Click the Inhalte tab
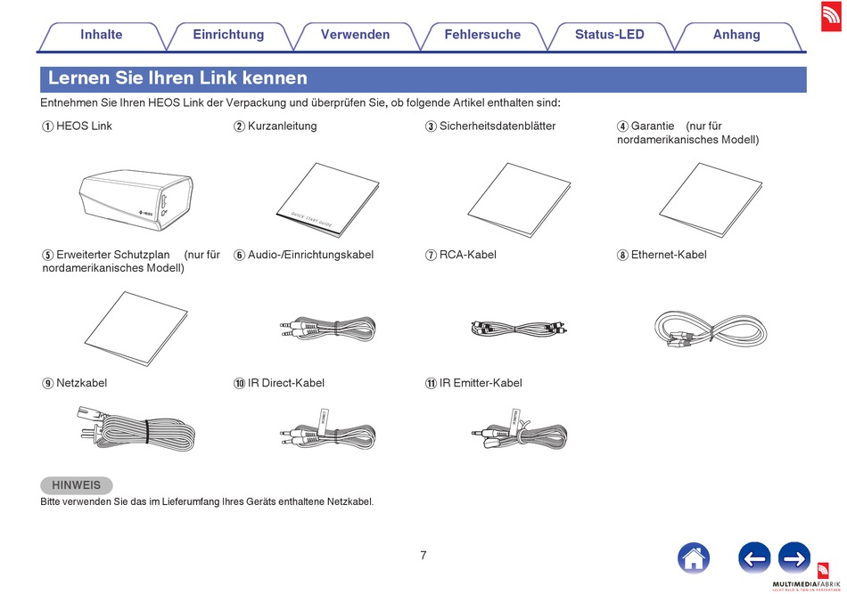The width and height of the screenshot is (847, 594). [x=101, y=35]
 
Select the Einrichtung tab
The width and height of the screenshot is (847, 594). [x=228, y=35]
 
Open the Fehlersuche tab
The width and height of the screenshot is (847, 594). [x=482, y=35]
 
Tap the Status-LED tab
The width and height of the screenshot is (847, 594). [x=609, y=35]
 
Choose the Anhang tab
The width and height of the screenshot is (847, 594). [x=736, y=35]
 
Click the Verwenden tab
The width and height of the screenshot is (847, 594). [x=355, y=35]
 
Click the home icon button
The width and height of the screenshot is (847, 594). [x=694, y=558]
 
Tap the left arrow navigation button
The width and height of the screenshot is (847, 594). [x=754, y=558]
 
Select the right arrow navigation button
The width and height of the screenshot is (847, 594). [x=794, y=558]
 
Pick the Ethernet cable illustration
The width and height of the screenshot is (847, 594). [x=711, y=331]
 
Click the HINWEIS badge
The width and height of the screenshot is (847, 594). [x=77, y=485]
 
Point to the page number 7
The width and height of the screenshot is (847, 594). [x=423, y=556]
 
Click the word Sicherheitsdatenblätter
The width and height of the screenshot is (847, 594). [x=497, y=126]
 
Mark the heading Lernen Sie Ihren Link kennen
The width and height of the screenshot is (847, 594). [x=177, y=78]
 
